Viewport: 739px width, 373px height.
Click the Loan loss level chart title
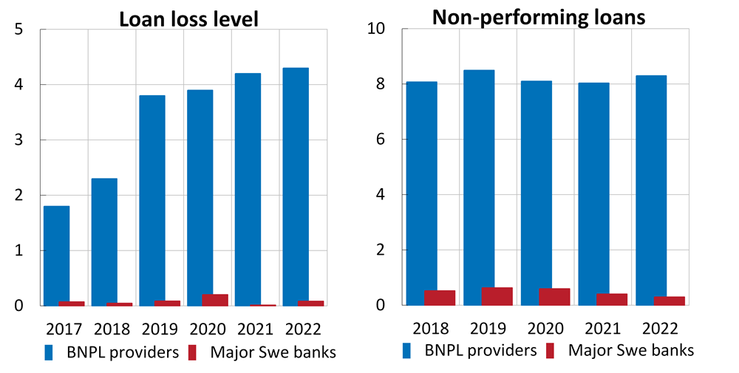click(189, 18)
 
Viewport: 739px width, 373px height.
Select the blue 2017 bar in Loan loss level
click(56, 255)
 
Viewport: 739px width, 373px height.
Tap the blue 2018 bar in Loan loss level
click(104, 242)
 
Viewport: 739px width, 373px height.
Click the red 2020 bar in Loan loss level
click(215, 300)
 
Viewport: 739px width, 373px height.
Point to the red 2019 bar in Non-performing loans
click(497, 296)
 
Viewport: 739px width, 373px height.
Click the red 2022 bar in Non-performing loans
click(670, 301)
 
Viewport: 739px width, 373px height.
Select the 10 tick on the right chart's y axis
click(377, 30)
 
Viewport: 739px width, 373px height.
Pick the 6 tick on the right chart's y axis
click(381, 140)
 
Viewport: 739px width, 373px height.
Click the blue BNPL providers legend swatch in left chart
click(50, 352)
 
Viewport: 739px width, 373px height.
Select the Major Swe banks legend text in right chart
click(631, 350)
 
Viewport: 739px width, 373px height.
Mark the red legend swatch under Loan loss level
click(196, 352)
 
